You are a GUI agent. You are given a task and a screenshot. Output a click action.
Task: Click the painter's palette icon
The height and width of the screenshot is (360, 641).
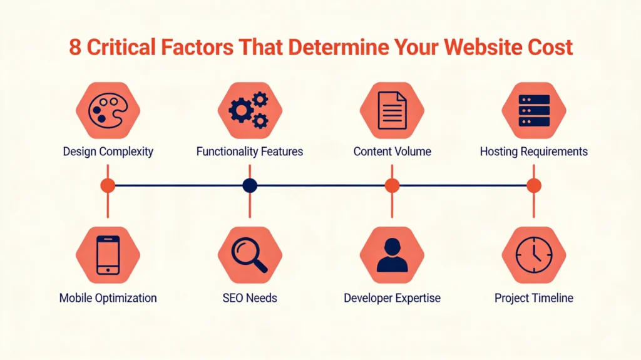click(x=108, y=111)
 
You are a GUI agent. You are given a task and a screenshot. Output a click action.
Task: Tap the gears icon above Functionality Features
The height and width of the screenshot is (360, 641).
click(x=249, y=111)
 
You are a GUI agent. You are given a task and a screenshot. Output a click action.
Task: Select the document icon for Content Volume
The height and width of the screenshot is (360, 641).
click(x=392, y=111)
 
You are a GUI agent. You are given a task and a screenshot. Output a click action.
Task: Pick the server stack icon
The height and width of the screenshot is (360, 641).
click(x=534, y=111)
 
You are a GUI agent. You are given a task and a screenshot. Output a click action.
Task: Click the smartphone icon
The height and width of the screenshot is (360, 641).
click(x=108, y=255)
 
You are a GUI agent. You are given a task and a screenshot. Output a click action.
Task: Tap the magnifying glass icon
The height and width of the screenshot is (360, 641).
click(x=249, y=255)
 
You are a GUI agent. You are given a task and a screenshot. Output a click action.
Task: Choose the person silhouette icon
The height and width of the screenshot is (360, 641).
click(x=392, y=255)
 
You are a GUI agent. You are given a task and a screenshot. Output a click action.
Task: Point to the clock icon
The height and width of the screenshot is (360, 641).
click(x=534, y=255)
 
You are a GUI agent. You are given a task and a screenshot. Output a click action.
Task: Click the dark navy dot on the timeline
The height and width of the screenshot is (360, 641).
click(x=250, y=185)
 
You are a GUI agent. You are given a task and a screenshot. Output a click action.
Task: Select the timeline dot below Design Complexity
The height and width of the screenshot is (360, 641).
click(x=108, y=185)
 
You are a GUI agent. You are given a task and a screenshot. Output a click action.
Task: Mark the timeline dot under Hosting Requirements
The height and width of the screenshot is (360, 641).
click(x=534, y=185)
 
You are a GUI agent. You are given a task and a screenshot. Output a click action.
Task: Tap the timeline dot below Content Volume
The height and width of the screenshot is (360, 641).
click(x=392, y=185)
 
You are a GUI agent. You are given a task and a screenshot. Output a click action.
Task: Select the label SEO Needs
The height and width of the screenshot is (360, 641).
click(x=249, y=298)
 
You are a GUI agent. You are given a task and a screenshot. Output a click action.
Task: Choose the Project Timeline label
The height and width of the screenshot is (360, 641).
click(x=534, y=298)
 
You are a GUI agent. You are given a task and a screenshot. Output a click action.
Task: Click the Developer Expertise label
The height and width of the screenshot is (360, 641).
click(x=392, y=298)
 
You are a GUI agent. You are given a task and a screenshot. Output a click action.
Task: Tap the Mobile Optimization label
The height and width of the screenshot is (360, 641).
click(x=108, y=298)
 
